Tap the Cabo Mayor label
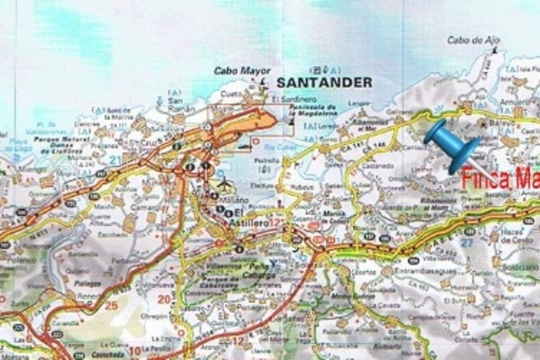pyautogui.click(x=233, y=70)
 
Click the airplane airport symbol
pyautogui.click(x=224, y=184)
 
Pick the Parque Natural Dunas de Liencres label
pyautogui.click(x=63, y=143)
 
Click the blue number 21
pyautogui.click(x=114, y=159)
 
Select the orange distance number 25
pyautogui.click(x=112, y=305)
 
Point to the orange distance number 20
pyautogui.click(x=164, y=298)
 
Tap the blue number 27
pyautogui.click(x=465, y=242)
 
